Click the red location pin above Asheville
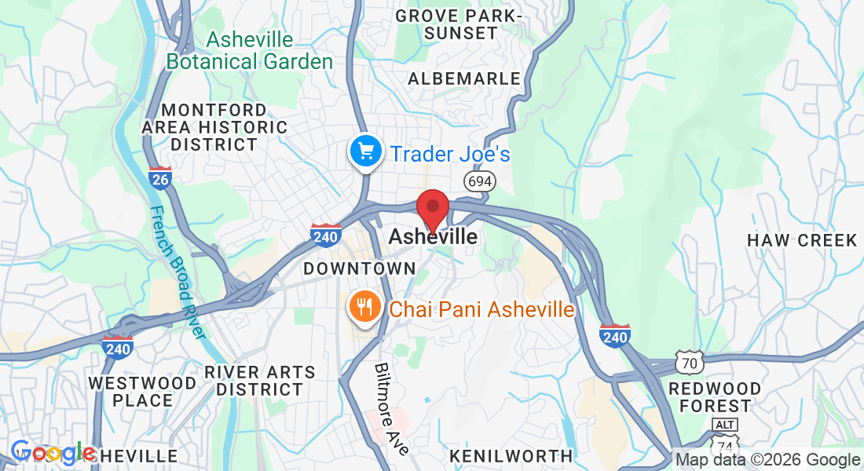432,208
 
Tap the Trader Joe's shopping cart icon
365,151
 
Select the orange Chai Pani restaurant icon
365,307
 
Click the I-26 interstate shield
160,178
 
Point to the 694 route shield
478,181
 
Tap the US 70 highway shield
689,363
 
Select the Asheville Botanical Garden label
250,50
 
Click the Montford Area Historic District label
214,127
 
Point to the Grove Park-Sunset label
458,24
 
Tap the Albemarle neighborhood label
464,78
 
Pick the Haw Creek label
802,240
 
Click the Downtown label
360,268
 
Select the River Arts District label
259,381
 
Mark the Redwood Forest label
715,397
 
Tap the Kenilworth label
511,455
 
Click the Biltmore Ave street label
391,408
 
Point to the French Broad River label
178,272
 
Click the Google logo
53,453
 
